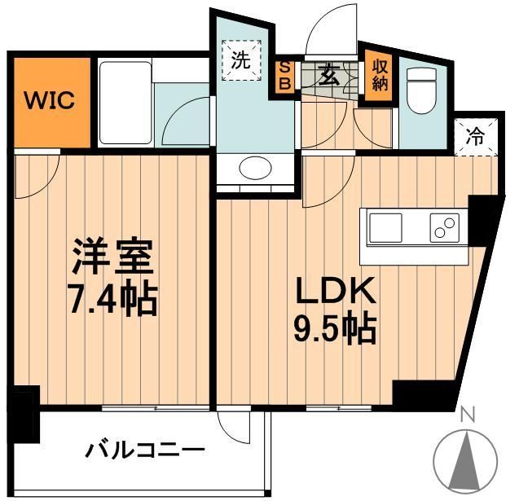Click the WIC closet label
(49, 101)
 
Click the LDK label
(333, 291)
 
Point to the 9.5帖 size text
(333, 329)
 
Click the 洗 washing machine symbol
(240, 60)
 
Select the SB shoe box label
(285, 76)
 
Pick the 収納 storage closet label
(380, 73)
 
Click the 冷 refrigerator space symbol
(474, 137)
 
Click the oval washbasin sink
(255, 168)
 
